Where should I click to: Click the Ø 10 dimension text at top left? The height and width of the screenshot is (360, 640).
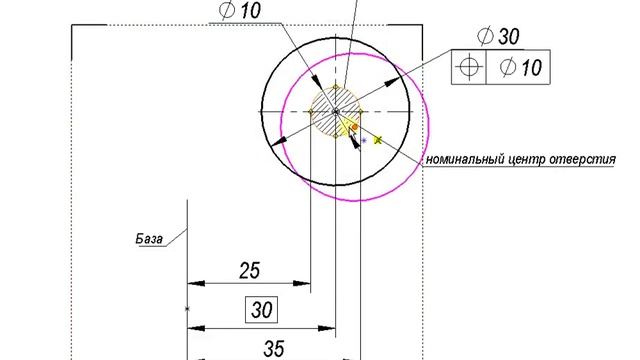[240, 10]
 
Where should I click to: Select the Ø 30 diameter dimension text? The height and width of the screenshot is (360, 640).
[498, 36]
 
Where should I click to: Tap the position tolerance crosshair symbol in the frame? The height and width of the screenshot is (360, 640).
[469, 67]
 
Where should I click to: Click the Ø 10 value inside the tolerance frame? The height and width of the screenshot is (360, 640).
[521, 67]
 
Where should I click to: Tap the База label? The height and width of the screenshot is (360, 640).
[149, 239]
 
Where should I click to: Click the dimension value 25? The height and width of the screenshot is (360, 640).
[249, 270]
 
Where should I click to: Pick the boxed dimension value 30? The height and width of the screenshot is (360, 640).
[261, 310]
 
